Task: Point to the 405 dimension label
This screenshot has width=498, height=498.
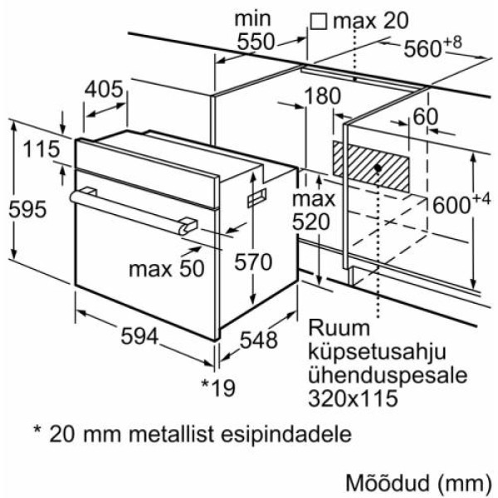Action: tap(105, 89)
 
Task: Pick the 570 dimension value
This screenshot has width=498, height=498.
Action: tap(253, 262)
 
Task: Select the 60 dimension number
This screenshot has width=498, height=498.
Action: tap(425, 118)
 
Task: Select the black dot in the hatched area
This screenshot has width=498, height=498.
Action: tap(378, 168)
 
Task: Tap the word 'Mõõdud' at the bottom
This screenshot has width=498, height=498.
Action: tap(394, 481)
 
